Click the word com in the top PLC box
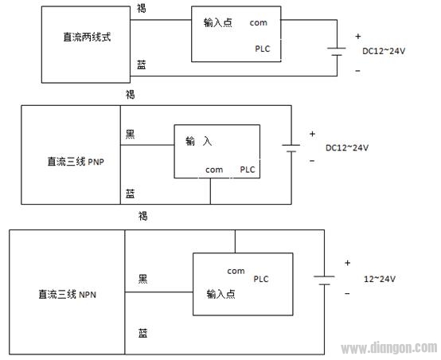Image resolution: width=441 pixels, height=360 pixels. click(x=258, y=22)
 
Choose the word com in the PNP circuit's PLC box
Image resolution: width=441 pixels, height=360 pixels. click(x=214, y=169)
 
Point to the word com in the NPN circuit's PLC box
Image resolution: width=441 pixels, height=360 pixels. click(x=236, y=271)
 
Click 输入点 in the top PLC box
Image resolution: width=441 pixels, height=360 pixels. click(x=218, y=22)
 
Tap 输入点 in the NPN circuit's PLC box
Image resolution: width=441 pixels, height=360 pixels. click(x=220, y=294)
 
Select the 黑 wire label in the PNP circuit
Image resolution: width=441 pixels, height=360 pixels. click(x=131, y=133)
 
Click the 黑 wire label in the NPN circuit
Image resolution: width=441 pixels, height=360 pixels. click(x=142, y=278)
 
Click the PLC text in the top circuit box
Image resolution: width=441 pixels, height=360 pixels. click(x=263, y=49)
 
